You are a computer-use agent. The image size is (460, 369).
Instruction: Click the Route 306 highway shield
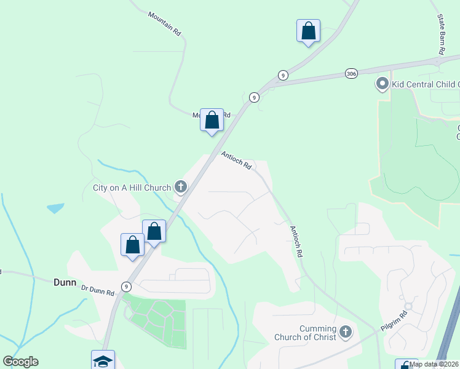pyautogui.click(x=351, y=72)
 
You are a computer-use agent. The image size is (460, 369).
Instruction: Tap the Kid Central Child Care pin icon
pyautogui.click(x=383, y=83)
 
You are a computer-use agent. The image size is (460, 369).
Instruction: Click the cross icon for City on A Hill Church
pyautogui.click(x=180, y=186)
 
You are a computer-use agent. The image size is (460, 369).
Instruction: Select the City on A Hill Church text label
pyautogui.click(x=132, y=188)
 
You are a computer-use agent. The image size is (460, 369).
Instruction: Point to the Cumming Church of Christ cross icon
pyautogui.click(x=345, y=333)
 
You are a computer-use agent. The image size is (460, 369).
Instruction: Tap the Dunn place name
pyautogui.click(x=64, y=283)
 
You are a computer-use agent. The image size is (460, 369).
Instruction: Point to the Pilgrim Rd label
pyautogui.click(x=394, y=321)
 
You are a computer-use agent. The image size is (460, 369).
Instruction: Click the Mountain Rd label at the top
pyautogui.click(x=164, y=23)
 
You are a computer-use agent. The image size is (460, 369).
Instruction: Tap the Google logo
pyautogui.click(x=21, y=362)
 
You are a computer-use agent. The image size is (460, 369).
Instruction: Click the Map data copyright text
pyautogui.click(x=434, y=364)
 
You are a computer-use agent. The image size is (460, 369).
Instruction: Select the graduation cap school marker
pyautogui.click(x=103, y=361)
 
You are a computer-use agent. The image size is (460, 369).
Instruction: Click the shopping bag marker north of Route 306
pyautogui.click(x=308, y=31)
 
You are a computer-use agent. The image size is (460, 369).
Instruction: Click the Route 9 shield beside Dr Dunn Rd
pyautogui.click(x=126, y=287)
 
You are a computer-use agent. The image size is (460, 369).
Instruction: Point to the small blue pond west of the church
pyautogui.click(x=55, y=208)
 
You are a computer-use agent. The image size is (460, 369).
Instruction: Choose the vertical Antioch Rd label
pyautogui.click(x=296, y=240)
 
